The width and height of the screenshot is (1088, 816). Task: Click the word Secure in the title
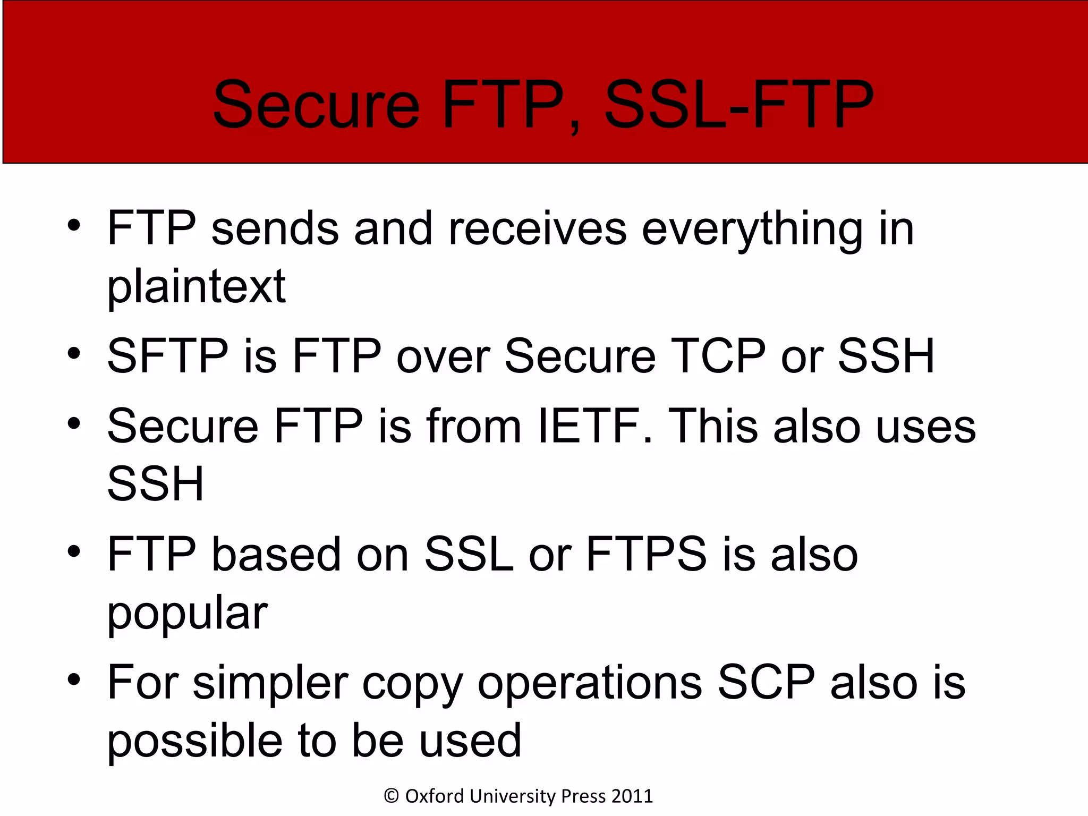(317, 105)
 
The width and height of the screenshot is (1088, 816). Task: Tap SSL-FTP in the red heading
(738, 105)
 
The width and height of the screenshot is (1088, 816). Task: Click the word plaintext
(196, 287)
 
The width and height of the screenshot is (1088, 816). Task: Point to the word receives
(537, 229)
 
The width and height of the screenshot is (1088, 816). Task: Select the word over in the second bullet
(443, 357)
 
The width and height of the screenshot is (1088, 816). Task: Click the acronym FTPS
(646, 554)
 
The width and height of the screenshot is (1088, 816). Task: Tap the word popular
(188, 614)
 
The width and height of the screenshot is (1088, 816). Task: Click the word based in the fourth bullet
(276, 554)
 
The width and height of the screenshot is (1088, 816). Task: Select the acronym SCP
(766, 683)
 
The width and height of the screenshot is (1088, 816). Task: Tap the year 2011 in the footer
(632, 796)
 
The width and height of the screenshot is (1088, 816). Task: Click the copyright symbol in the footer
(392, 796)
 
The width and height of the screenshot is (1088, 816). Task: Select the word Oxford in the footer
(435, 796)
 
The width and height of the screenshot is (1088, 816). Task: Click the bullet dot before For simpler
(74, 679)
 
